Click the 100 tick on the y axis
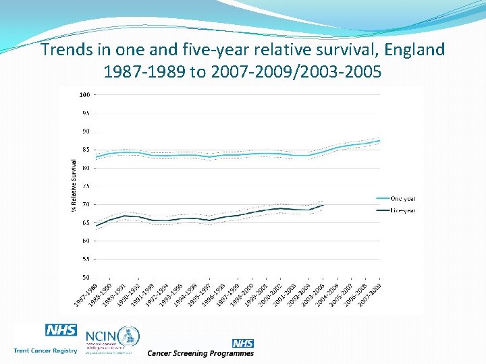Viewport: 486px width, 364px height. (x=85, y=94)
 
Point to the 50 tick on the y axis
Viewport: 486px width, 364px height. (x=86, y=277)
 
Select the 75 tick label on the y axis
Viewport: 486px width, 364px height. (x=86, y=186)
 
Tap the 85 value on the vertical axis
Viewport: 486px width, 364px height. (x=86, y=149)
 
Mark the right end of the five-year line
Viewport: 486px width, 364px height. (x=324, y=204)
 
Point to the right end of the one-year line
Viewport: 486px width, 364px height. (x=380, y=141)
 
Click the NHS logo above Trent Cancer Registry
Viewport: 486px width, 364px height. (x=61, y=331)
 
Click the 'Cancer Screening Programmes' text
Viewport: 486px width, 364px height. (x=200, y=353)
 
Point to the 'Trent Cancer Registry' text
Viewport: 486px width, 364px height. (x=45, y=351)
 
